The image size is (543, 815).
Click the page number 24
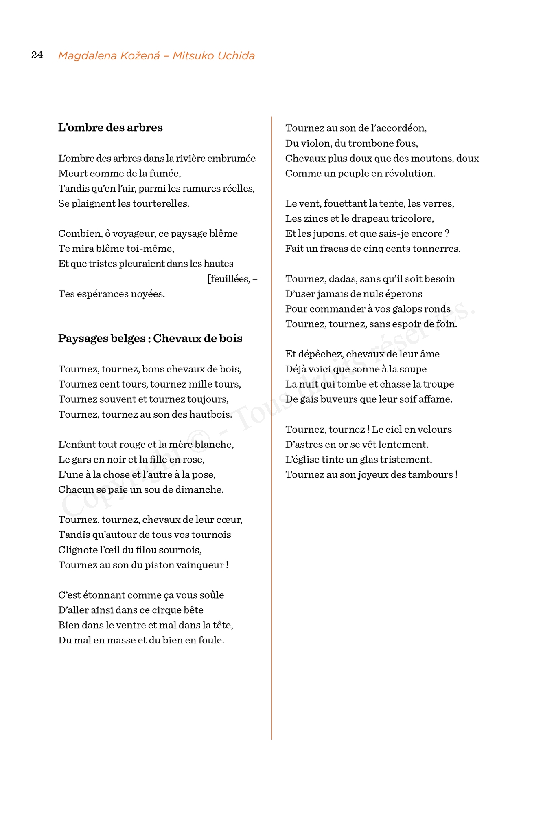click(x=37, y=55)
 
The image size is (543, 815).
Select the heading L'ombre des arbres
click(x=110, y=128)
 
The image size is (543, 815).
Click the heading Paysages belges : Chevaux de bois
click(x=150, y=339)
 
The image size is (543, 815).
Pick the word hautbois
click(x=212, y=415)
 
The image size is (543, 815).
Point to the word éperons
click(x=403, y=294)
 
